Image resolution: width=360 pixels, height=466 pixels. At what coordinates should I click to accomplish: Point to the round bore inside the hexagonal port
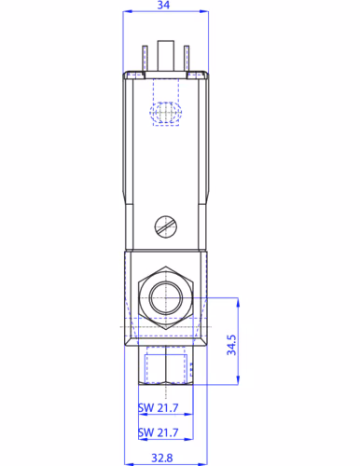click(164, 298)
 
